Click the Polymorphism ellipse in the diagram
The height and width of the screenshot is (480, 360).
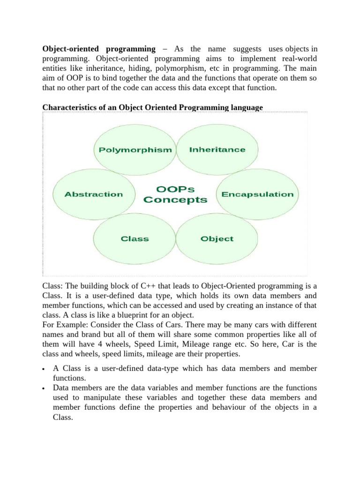[135, 150]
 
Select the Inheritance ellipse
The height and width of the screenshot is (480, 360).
[217, 150]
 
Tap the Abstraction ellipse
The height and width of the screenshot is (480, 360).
[94, 194]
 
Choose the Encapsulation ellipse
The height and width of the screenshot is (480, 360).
[257, 194]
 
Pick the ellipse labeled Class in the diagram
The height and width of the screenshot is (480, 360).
[135, 239]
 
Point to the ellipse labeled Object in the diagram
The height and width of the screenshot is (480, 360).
[217, 239]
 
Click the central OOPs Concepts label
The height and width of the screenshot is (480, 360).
[175, 195]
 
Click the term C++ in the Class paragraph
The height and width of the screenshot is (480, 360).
[141, 286]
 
